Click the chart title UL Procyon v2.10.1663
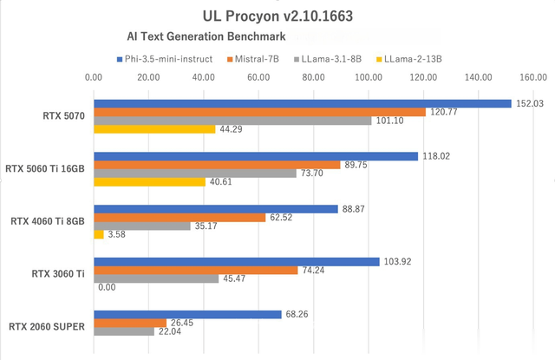click(277, 15)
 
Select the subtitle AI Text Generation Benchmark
click(206, 38)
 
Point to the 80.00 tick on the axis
click(314, 78)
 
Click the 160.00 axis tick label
click(533, 78)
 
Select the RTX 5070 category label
click(62, 115)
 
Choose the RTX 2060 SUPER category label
click(46, 326)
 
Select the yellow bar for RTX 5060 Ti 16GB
click(149, 182)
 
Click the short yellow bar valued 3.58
click(99, 234)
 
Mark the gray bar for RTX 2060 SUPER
click(124, 331)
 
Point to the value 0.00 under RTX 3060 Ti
click(108, 287)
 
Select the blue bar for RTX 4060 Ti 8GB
click(216, 208)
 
